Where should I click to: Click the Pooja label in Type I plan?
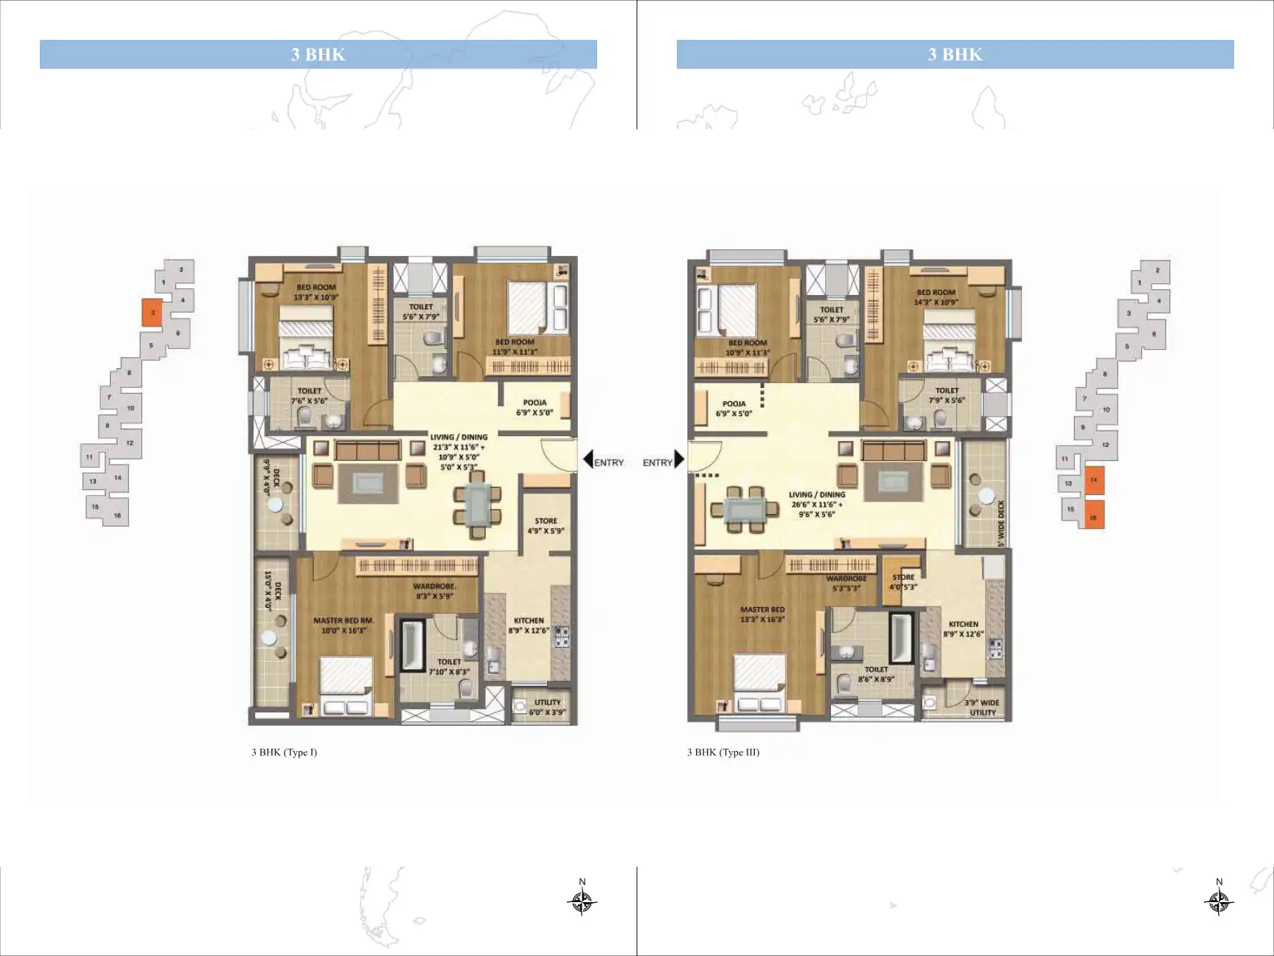(x=535, y=408)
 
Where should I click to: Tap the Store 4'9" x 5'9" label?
(x=546, y=525)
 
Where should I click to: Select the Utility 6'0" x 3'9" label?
(x=547, y=707)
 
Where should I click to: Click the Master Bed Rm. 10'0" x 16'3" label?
(x=343, y=626)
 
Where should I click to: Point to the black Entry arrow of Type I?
(x=588, y=460)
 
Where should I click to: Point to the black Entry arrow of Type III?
(x=680, y=460)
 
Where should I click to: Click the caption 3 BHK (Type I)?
(x=284, y=752)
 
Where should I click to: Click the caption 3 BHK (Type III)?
(x=723, y=752)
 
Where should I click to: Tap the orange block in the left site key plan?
(x=152, y=313)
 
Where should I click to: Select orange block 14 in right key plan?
(x=1093, y=479)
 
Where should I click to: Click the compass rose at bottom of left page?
(x=582, y=901)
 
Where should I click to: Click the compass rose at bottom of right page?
(x=1219, y=901)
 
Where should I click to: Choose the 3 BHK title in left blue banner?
(x=318, y=55)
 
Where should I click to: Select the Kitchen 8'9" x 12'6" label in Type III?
(x=963, y=628)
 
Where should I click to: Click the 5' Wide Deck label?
(x=1000, y=524)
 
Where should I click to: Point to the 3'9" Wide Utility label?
(x=982, y=707)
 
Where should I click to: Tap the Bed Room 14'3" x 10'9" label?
(x=936, y=297)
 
